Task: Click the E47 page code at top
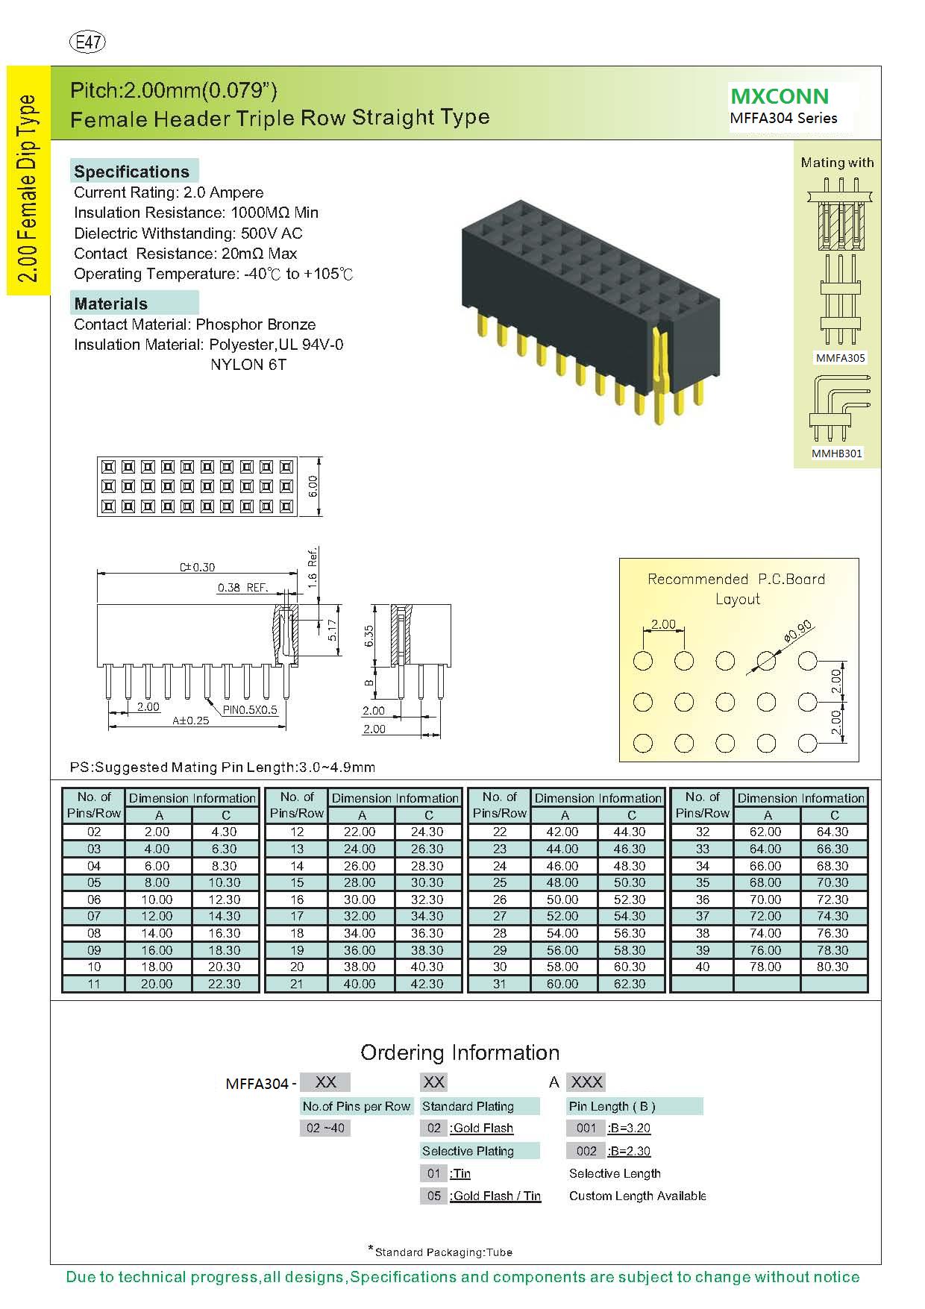click(x=87, y=43)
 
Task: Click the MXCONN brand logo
click(x=780, y=96)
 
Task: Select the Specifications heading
click(x=131, y=172)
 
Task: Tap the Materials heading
click(x=110, y=304)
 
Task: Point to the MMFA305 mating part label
click(x=840, y=358)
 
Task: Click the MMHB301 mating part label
click(x=837, y=453)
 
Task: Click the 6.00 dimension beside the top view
click(x=313, y=486)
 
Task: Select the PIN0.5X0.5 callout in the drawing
click(x=249, y=709)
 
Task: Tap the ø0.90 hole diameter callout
click(x=798, y=632)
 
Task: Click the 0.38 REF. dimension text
click(x=242, y=588)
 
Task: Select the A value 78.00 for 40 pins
click(x=765, y=967)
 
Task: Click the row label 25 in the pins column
click(x=500, y=882)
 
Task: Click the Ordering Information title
click(x=460, y=1052)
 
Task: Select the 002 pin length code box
click(x=586, y=1151)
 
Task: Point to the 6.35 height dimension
click(x=369, y=635)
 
